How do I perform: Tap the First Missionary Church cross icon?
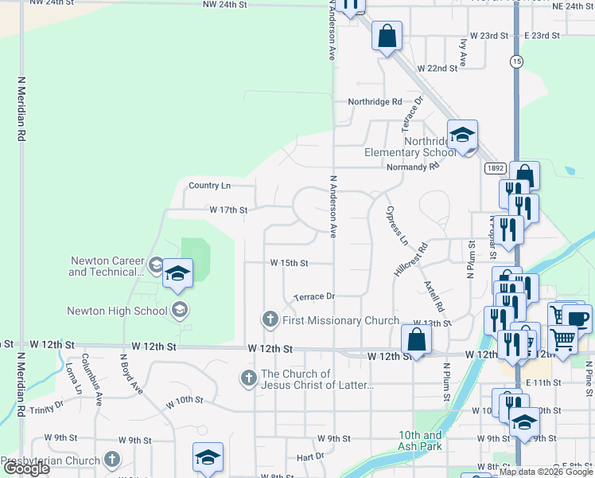[x=270, y=320]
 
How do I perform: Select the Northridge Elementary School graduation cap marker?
[x=461, y=135]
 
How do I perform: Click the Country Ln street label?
[x=209, y=186]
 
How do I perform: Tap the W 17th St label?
[x=228, y=210]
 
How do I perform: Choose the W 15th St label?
[x=288, y=262]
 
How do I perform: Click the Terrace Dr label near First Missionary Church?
[x=313, y=296]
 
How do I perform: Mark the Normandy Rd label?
[x=412, y=167]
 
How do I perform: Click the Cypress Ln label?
[x=396, y=228]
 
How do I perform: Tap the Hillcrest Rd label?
[x=410, y=260]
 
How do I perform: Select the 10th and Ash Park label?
[x=421, y=441]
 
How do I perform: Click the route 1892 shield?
[x=494, y=168]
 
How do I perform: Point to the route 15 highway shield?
[x=517, y=61]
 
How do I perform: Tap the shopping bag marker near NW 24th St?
[x=386, y=37]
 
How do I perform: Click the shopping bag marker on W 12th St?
[x=416, y=339]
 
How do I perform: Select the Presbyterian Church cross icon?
[x=112, y=460]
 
